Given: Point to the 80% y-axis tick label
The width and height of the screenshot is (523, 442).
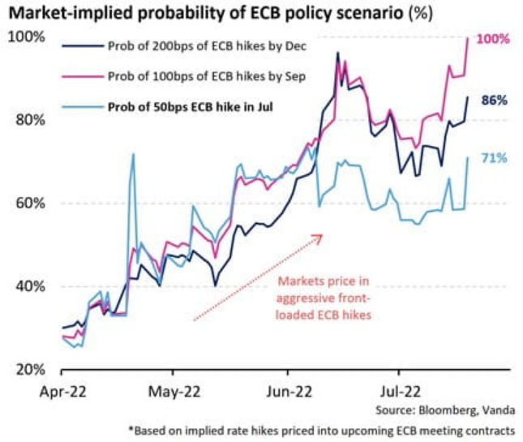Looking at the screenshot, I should pyautogui.click(x=28, y=120).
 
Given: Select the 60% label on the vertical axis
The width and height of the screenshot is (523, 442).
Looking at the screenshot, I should pyautogui.click(x=28, y=203).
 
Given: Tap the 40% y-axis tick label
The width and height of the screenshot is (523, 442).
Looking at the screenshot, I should pyautogui.click(x=28, y=286).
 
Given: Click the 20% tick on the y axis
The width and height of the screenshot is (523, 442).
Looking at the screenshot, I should pyautogui.click(x=28, y=369).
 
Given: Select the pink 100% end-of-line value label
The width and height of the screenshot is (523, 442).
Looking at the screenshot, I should pyautogui.click(x=494, y=39).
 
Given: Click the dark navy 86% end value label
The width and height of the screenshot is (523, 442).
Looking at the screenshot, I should pyautogui.click(x=494, y=100).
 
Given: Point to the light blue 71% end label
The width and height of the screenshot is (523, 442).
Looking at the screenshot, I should pyautogui.click(x=494, y=158).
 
